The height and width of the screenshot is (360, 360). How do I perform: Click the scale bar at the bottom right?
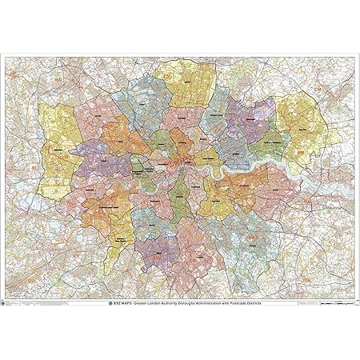pyautogui.click(x=337, y=305)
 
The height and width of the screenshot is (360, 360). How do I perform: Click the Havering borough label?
pyautogui.click(x=303, y=127)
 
